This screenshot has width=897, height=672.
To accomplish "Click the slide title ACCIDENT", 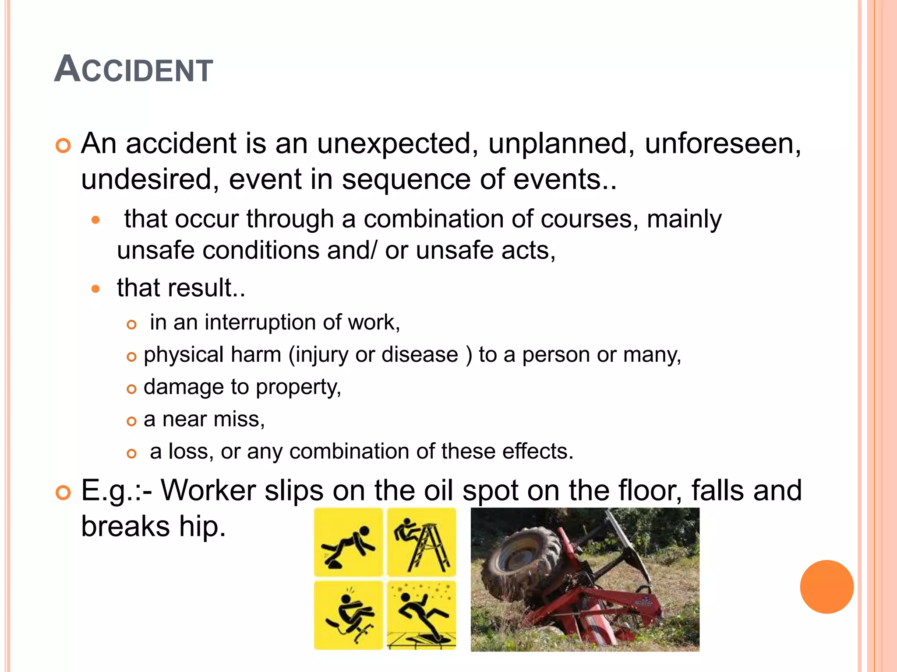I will (134, 70).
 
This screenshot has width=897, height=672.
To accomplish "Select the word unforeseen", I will (723, 144).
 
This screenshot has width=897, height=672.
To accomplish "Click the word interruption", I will (260, 323).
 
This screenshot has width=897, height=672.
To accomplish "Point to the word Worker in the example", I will (208, 490).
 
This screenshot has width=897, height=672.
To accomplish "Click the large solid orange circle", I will (826, 587).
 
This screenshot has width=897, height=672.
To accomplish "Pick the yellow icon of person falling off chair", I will (349, 615).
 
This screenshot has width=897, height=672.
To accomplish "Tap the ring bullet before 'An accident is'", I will (64, 146).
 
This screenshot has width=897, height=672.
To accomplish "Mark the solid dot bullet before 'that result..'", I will (96, 289).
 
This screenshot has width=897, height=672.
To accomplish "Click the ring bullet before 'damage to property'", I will (131, 389).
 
